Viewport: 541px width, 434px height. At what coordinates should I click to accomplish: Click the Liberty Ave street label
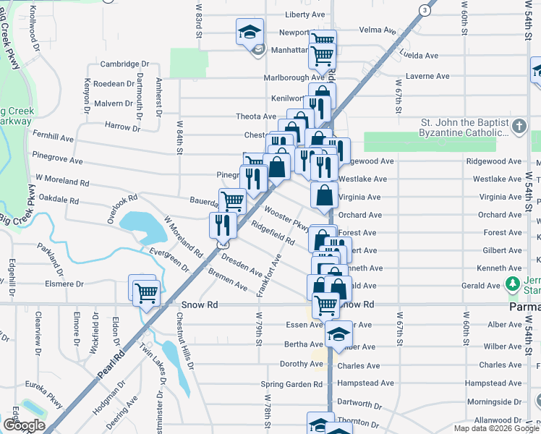(304, 14)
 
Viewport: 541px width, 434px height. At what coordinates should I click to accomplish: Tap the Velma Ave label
(378, 30)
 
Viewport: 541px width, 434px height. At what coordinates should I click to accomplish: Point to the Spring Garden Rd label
(291, 384)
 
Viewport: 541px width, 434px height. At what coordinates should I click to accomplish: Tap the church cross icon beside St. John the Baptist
(518, 127)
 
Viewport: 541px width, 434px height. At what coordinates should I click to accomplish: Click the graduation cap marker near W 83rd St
(248, 33)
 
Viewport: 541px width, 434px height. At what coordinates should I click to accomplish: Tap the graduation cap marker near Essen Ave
(338, 334)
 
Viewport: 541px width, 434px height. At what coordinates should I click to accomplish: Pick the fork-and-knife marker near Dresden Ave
(222, 225)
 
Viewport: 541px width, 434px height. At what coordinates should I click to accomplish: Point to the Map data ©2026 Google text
(496, 428)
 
